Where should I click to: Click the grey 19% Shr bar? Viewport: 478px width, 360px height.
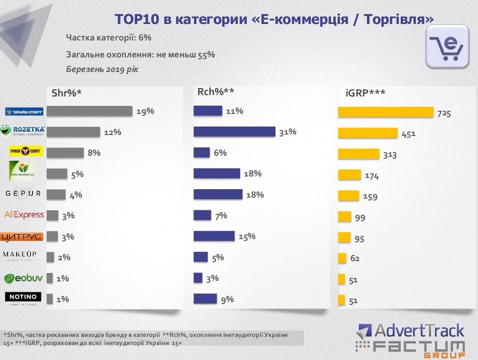(89, 111)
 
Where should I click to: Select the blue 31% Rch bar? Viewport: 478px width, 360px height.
(234, 132)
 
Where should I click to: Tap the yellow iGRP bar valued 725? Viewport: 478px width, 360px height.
(386, 112)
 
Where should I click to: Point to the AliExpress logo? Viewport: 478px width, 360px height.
(24, 215)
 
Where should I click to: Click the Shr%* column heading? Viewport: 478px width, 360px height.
(66, 93)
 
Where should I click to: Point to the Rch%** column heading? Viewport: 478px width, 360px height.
(216, 92)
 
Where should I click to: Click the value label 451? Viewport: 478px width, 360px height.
(408, 134)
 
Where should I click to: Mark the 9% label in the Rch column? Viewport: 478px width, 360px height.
(227, 299)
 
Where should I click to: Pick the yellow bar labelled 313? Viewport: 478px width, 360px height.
(358, 154)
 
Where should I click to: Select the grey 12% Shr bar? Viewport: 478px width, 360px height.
(73, 132)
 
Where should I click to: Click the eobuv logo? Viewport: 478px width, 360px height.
(24, 278)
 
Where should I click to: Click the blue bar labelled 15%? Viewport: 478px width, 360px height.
(214, 236)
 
